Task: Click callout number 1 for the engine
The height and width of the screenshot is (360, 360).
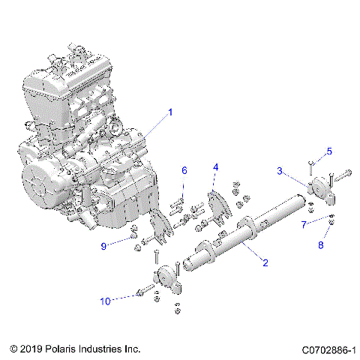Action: point(170,112)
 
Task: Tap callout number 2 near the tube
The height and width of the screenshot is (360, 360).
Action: point(264,262)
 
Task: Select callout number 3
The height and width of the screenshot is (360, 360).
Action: point(280,172)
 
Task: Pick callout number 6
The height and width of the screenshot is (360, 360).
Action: point(184,171)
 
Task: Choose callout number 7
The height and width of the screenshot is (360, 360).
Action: point(304,224)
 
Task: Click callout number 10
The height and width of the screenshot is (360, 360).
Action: point(106,301)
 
